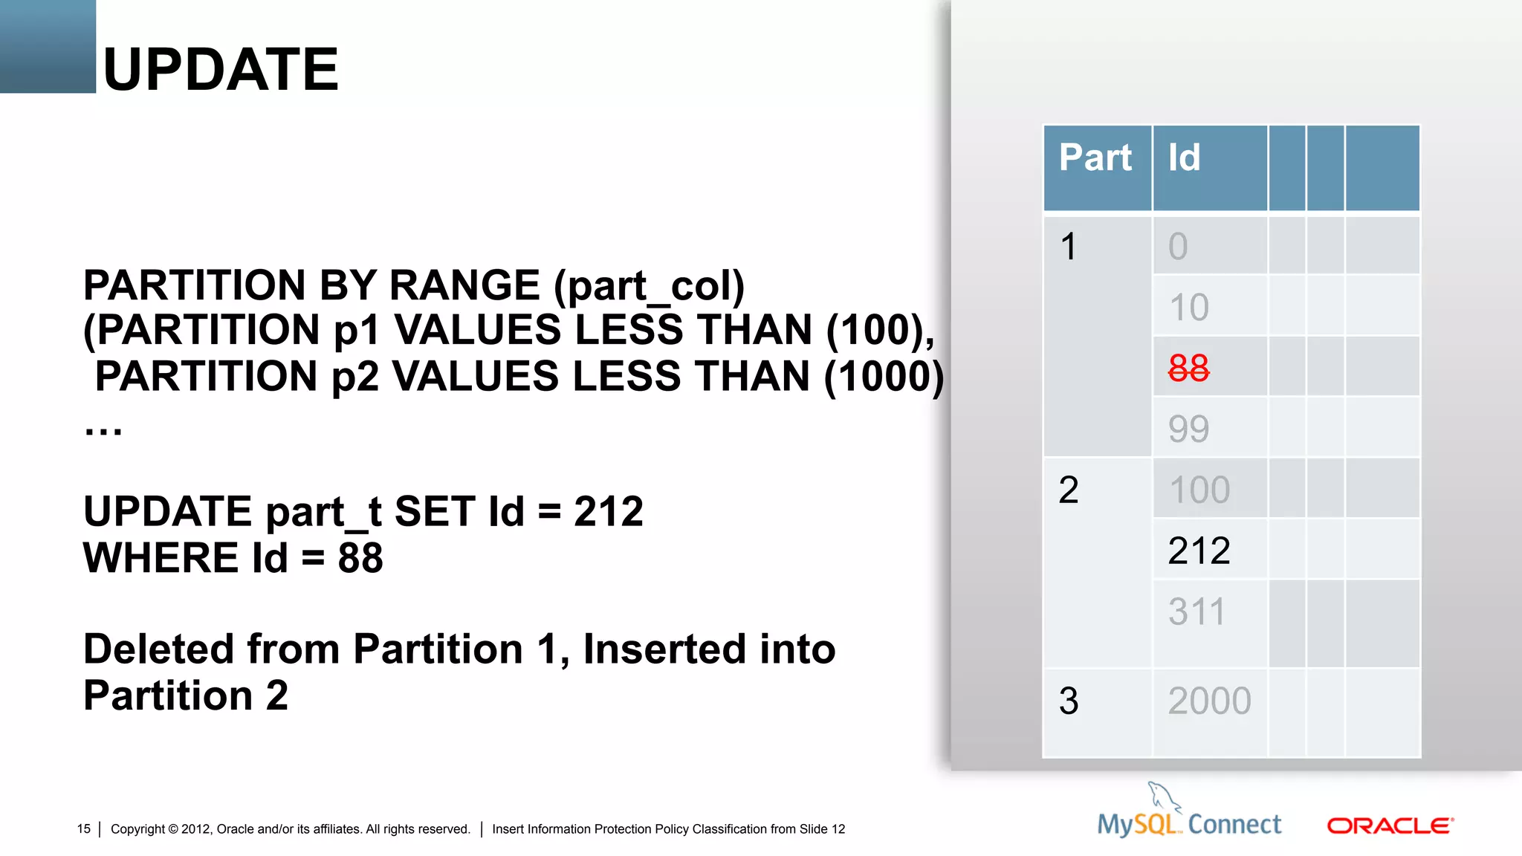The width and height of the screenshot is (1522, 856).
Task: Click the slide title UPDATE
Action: tap(221, 69)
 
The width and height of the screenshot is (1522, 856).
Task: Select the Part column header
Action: tap(1095, 158)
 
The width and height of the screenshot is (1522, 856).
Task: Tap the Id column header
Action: tap(1184, 158)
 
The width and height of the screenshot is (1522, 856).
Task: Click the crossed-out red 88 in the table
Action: tap(1188, 368)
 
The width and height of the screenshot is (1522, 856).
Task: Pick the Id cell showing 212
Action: tap(1199, 551)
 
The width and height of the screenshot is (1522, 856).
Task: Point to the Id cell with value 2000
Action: tap(1209, 701)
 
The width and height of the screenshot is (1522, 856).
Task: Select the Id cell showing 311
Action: tap(1196, 612)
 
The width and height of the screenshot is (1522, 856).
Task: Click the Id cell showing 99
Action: tap(1188, 429)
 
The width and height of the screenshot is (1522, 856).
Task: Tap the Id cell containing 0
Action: tap(1178, 246)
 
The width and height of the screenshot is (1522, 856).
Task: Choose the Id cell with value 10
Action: tap(1189, 307)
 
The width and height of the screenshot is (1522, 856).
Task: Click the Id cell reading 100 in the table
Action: tap(1199, 490)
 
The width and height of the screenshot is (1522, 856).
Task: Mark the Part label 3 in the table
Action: tap(1069, 701)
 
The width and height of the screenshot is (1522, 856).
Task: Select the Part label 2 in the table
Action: tap(1069, 490)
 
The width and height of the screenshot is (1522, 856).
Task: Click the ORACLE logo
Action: tap(1390, 826)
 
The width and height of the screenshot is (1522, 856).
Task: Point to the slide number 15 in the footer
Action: tap(83, 829)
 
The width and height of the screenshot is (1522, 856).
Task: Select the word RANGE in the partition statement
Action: tap(464, 285)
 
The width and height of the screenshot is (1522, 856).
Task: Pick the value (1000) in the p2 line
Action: tap(884, 376)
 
